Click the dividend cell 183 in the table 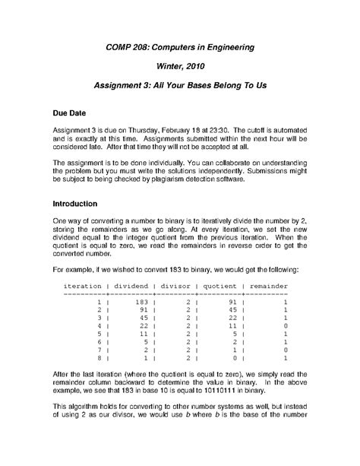coord(142,302)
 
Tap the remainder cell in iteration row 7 coord(284,349)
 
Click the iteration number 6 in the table coord(99,341)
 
